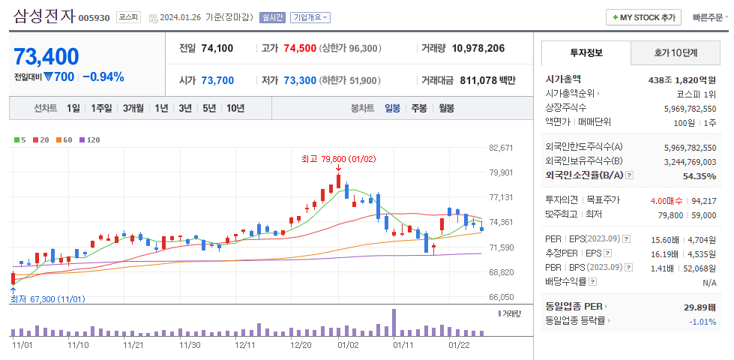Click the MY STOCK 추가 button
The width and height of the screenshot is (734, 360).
point(644,17)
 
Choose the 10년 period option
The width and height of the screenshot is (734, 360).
point(235,108)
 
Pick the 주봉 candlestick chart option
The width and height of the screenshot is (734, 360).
point(418,108)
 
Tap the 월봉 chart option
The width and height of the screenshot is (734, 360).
point(446,108)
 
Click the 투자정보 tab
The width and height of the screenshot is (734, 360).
point(586,52)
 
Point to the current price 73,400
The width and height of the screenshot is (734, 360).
point(46,56)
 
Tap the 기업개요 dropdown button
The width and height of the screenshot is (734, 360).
point(310,17)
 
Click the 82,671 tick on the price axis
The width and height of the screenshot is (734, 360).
point(500,148)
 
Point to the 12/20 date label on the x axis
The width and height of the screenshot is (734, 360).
point(301,345)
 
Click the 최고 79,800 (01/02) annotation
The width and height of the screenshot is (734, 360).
point(338,159)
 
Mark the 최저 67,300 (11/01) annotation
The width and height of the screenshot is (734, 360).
point(48,299)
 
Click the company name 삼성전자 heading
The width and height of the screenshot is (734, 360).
point(44,16)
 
